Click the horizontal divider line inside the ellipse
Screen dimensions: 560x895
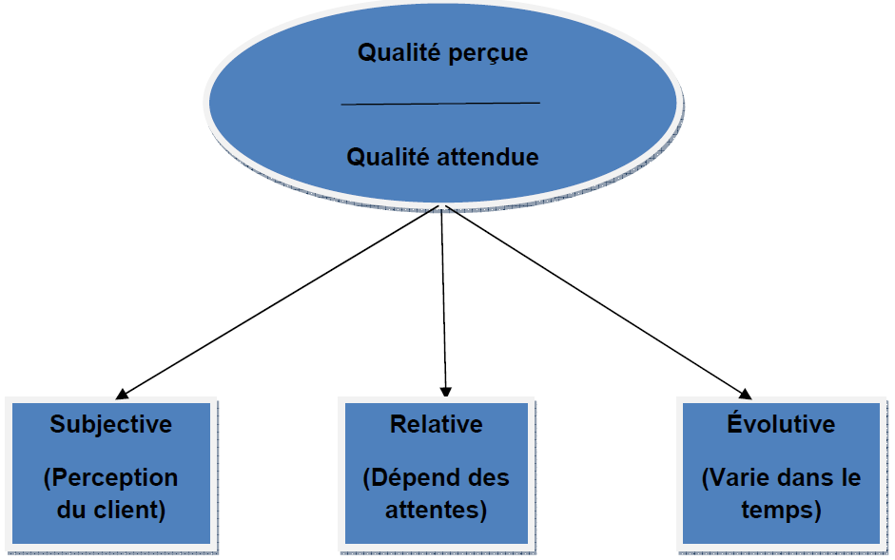click(x=440, y=103)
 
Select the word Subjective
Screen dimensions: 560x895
click(x=111, y=424)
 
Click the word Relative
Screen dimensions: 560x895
click(x=437, y=424)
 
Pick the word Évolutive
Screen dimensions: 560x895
click(x=781, y=424)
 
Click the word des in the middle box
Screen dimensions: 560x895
click(x=490, y=477)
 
